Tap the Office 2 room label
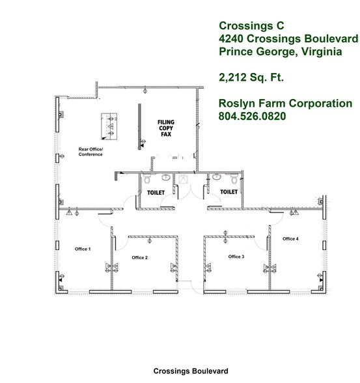[139, 258]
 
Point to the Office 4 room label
[290, 239]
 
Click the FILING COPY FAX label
[166, 128]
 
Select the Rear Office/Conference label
[91, 152]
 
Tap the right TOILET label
[228, 192]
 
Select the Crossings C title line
[247, 25]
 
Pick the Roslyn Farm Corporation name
[285, 104]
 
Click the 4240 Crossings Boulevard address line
[287, 38]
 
